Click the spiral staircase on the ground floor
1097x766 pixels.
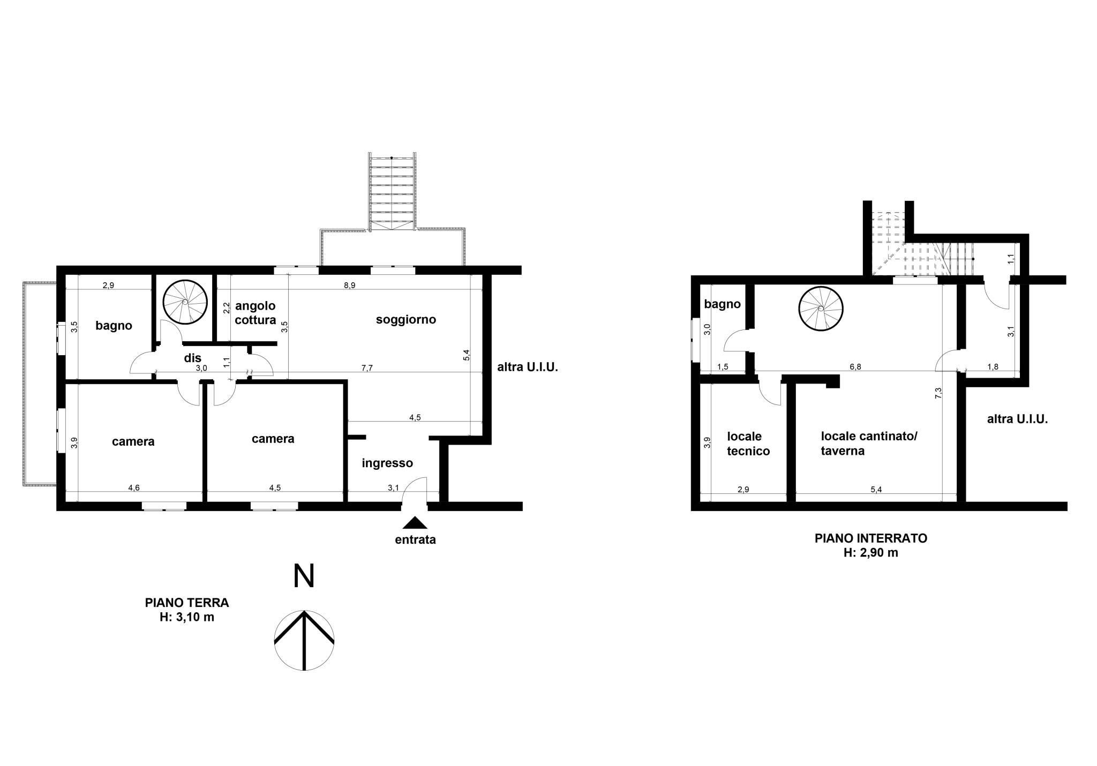185,302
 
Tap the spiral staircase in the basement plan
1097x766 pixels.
821,309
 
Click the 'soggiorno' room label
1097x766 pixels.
406,320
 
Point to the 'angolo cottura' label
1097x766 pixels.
256,313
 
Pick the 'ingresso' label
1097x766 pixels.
387,463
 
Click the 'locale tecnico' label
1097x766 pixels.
748,444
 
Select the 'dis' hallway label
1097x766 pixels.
193,358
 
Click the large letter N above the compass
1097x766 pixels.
304,576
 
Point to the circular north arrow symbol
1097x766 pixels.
304,640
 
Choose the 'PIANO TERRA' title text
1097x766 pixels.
187,603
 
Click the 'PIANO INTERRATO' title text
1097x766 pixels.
871,538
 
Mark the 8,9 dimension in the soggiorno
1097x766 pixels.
349,286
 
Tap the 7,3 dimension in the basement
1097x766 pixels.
938,393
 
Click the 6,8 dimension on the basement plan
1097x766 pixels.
855,367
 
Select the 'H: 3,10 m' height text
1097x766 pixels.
187,617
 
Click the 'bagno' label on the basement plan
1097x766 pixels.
722,304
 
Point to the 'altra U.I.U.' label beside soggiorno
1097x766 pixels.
528,367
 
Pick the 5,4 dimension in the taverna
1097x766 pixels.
876,490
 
